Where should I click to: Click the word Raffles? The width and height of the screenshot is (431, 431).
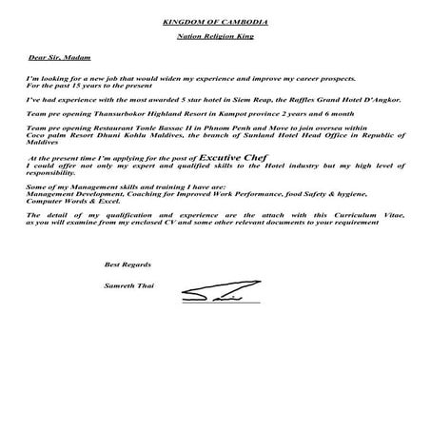(298, 98)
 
